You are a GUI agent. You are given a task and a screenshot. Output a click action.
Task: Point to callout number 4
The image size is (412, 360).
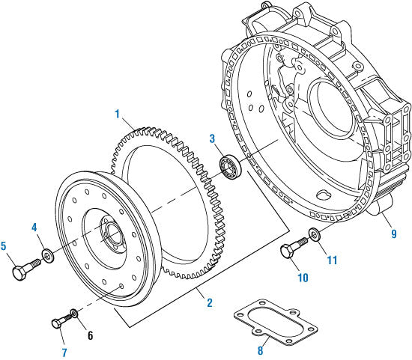click(34, 227)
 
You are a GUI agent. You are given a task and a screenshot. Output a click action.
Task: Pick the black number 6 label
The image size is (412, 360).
click(90, 335)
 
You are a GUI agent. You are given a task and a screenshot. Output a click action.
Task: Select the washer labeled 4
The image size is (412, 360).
click(47, 257)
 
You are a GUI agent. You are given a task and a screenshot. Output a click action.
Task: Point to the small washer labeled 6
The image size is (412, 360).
click(73, 312)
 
